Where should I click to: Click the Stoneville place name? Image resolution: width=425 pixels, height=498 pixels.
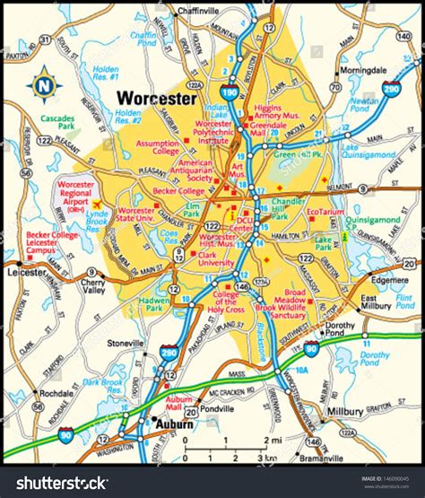[x=126, y=343]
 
